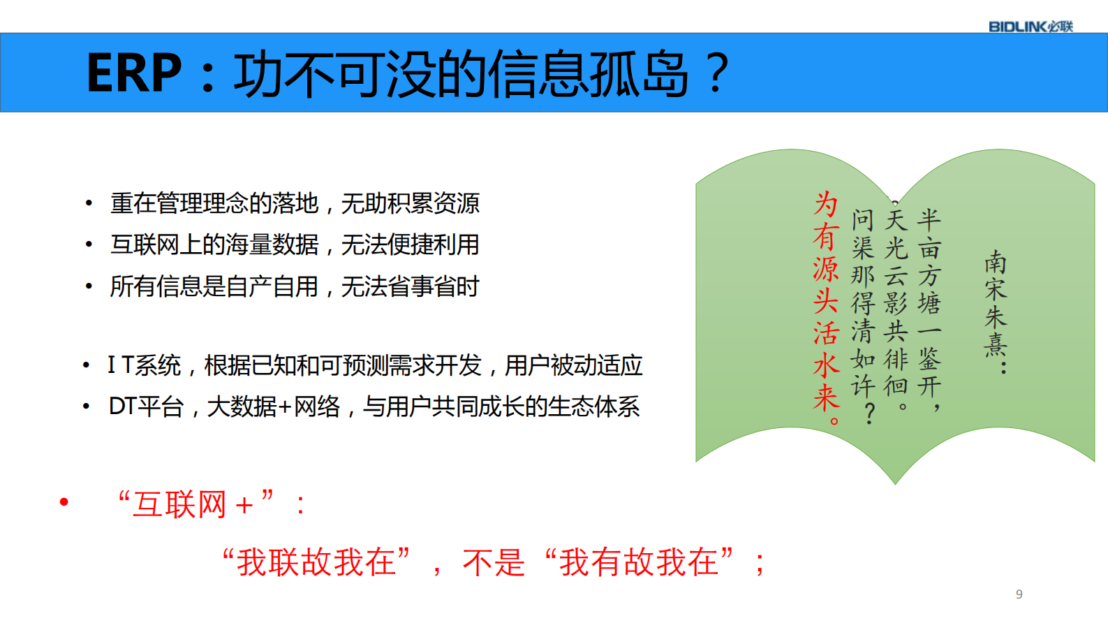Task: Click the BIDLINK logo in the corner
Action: click(1030, 27)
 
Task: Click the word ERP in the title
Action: click(133, 73)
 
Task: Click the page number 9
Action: click(1019, 594)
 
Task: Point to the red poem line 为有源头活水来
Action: click(826, 307)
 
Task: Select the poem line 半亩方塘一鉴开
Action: click(929, 307)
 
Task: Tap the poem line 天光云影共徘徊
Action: click(896, 307)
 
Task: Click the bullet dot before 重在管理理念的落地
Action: click(89, 204)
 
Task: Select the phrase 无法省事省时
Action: click(410, 286)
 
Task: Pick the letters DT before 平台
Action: click(122, 406)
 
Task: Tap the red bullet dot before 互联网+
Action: click(64, 501)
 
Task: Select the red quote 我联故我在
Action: click(316, 562)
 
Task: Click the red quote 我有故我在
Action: click(638, 562)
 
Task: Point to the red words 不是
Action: click(493, 562)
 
